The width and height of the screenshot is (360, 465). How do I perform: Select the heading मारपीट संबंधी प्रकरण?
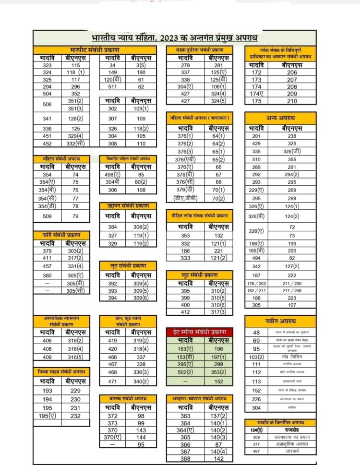tap(95, 50)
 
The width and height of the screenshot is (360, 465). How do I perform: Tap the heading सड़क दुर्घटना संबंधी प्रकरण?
tap(200, 50)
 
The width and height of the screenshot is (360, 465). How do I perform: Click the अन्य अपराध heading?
tap(281, 118)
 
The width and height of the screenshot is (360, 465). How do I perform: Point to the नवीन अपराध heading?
tap(281, 321)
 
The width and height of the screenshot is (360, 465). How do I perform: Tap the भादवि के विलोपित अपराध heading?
tap(281, 422)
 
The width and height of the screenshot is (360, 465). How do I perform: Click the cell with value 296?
tap(75, 87)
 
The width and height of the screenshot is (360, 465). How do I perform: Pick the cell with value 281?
tap(218, 65)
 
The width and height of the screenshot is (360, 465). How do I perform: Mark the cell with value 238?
tap(292, 136)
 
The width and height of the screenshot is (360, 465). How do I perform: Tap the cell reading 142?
tap(218, 458)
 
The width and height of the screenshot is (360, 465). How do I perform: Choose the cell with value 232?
tap(75, 416)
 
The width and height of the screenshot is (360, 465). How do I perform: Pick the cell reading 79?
tap(75, 216)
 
